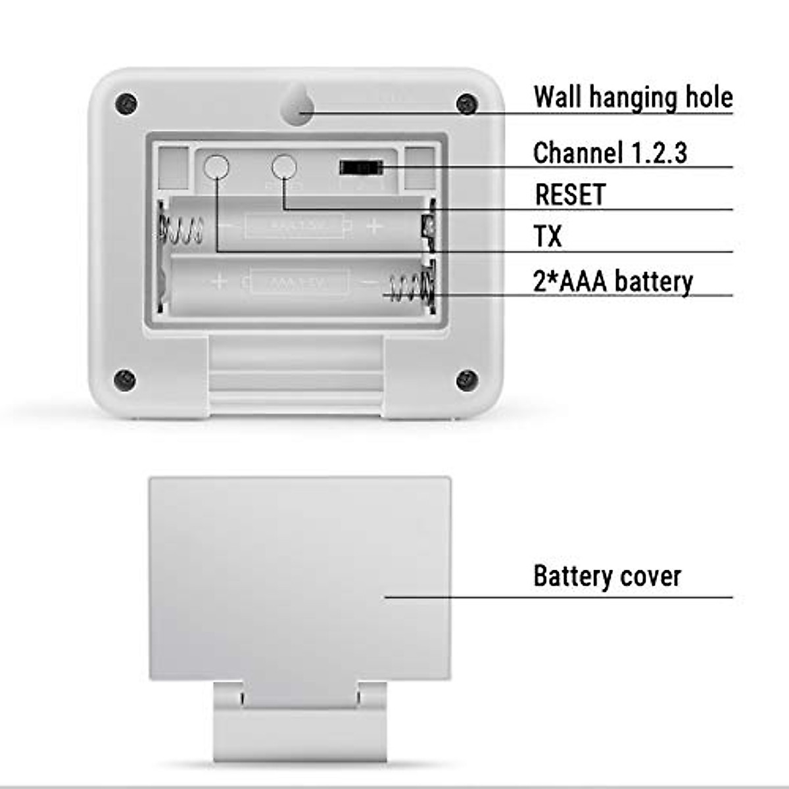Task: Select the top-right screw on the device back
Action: pyautogui.click(x=467, y=103)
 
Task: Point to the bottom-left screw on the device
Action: pyautogui.click(x=125, y=379)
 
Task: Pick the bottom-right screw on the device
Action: pyautogui.click(x=467, y=379)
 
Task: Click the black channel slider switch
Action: pyautogui.click(x=361, y=168)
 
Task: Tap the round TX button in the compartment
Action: pyautogui.click(x=216, y=168)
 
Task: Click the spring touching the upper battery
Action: pyautogui.click(x=181, y=229)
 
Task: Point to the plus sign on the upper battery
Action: pyautogui.click(x=374, y=227)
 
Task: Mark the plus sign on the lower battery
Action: pyautogui.click(x=219, y=282)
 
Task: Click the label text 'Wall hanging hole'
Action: pyautogui.click(x=633, y=97)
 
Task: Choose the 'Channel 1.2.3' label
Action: pyautogui.click(x=610, y=153)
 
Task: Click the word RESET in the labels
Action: pyautogui.click(x=570, y=195)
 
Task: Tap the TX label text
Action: pyautogui.click(x=548, y=237)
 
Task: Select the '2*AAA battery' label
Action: pyautogui.click(x=613, y=281)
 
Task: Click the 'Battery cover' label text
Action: pyautogui.click(x=607, y=576)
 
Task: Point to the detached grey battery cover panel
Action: pyautogui.click(x=300, y=579)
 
